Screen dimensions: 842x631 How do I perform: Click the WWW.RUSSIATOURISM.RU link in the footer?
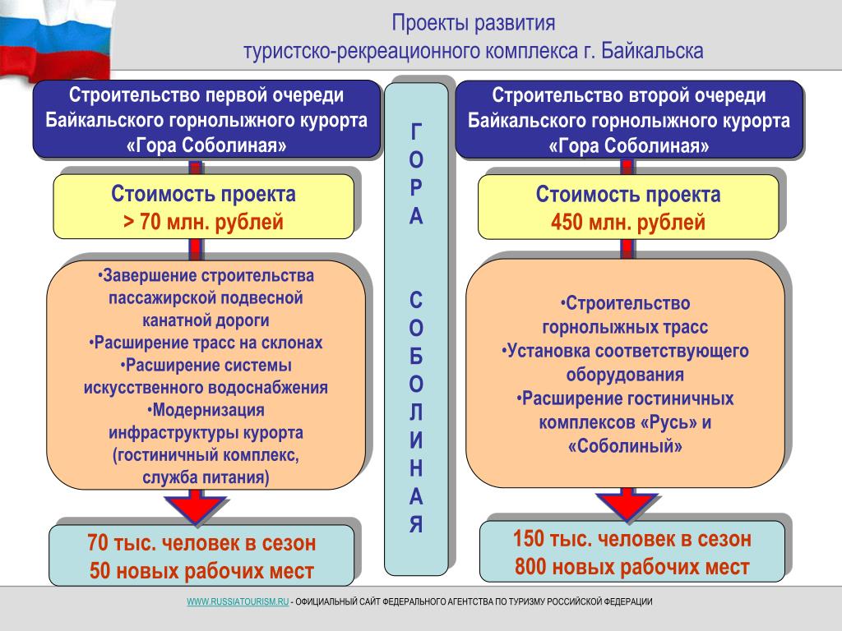point(238,601)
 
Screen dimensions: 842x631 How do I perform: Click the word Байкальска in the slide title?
point(652,51)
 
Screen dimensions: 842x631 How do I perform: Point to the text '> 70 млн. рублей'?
point(204,222)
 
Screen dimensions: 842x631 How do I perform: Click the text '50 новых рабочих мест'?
point(202,571)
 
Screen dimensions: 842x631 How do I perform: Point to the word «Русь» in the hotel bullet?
point(669,422)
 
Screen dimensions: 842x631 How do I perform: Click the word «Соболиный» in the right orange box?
point(625,446)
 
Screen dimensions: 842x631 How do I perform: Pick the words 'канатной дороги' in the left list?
point(206,320)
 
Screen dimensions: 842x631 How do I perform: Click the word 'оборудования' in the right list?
point(625,375)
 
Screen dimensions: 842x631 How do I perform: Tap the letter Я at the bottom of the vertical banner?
point(416,524)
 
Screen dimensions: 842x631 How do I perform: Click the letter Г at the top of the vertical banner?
point(416,131)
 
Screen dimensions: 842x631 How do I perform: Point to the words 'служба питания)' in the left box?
point(206,477)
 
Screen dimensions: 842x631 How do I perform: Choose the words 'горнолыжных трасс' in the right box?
point(625,327)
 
